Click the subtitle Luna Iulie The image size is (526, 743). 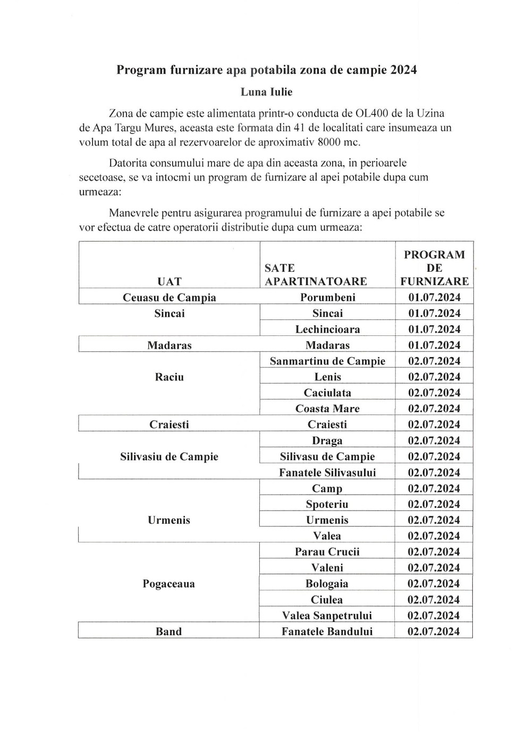coord(266,92)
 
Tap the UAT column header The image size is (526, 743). coord(169,281)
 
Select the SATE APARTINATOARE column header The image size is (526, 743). coord(316,275)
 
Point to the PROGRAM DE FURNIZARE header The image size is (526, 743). coord(434,268)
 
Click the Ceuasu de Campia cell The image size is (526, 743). coord(169,297)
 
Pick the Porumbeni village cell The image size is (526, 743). coord(327,297)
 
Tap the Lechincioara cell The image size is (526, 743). coord(327,329)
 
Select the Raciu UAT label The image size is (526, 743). coord(169,377)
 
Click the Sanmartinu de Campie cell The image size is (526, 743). coord(327,361)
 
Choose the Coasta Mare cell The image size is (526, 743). coord(327,409)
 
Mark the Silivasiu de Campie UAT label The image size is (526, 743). coord(169,456)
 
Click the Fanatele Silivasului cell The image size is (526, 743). coord(327,472)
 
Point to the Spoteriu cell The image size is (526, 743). coord(327,504)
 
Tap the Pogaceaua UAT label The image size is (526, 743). coord(169,584)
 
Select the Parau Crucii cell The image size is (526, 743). coord(327,552)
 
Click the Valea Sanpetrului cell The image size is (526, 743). coord(327,616)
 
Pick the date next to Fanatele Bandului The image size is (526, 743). coord(434,632)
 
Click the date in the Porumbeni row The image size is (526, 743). coord(434,297)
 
